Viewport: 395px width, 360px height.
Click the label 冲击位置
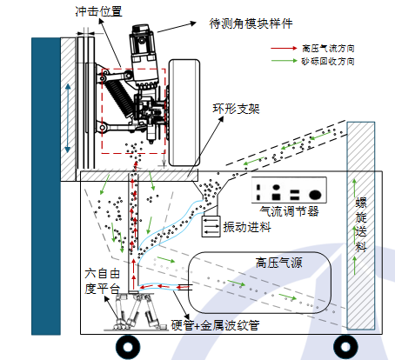coord(98,11)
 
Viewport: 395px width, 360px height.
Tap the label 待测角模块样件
coord(251,23)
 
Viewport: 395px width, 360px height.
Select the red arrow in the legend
coord(284,48)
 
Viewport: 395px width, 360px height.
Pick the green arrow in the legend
coord(284,61)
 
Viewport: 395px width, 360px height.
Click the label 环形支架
coord(237,109)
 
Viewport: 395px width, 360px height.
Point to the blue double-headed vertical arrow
coord(68,118)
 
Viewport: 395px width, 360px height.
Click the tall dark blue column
coord(46,186)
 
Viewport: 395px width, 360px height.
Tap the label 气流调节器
coord(289,211)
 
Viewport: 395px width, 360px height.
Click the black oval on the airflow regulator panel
coord(315,195)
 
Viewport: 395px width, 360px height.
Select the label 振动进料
coord(247,227)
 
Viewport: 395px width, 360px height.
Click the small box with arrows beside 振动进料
coord(211,226)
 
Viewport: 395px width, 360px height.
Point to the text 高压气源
coord(279,263)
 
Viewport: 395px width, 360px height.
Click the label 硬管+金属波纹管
coord(215,325)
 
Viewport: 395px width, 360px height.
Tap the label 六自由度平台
coord(102,281)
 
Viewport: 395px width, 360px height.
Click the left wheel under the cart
coord(128,347)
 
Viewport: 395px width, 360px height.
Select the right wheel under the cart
coord(345,347)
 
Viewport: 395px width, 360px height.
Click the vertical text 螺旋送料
coord(361,224)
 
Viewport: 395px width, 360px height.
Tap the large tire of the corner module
coord(184,113)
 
